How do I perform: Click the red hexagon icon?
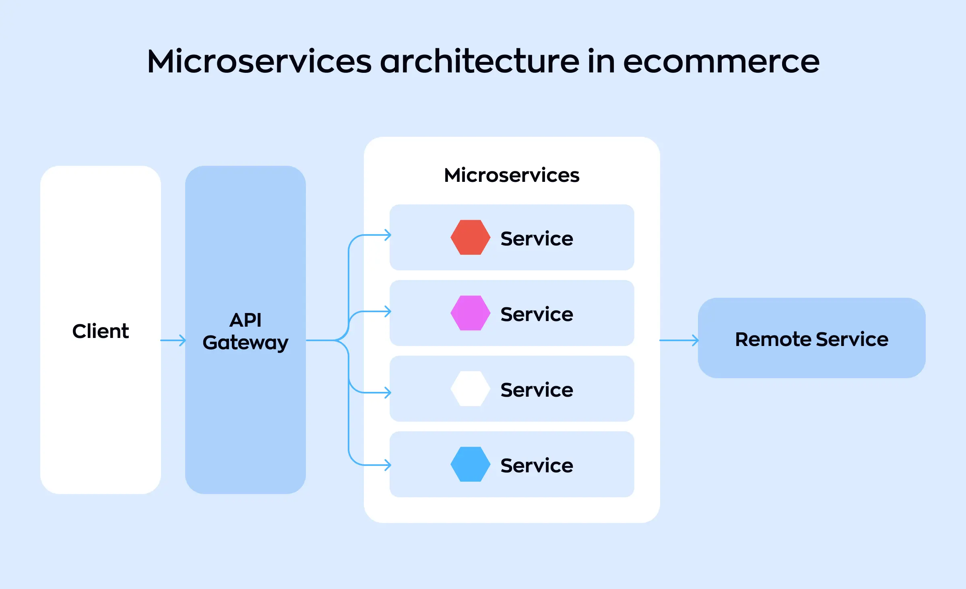[x=470, y=237]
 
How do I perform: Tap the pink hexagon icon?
[x=470, y=313]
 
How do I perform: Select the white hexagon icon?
[x=470, y=389]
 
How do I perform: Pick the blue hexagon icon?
[x=470, y=464]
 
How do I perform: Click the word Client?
[x=101, y=331]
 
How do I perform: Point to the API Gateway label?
[x=246, y=332]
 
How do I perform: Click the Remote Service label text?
[x=811, y=339]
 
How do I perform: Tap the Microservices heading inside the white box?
[x=512, y=175]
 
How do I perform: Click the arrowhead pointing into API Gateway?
[x=183, y=340]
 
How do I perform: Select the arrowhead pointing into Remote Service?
[x=696, y=340]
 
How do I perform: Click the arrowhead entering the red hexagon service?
[x=388, y=235]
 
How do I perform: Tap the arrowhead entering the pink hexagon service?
[x=388, y=311]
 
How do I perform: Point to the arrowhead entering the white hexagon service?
[x=388, y=393]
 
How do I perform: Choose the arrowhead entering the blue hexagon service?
[x=388, y=465]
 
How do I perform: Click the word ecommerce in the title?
[x=721, y=62]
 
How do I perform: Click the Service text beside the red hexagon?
[x=537, y=239]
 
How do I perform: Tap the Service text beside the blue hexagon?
[x=537, y=465]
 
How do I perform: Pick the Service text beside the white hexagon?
[x=537, y=390]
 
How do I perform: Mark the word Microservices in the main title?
[x=259, y=62]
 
